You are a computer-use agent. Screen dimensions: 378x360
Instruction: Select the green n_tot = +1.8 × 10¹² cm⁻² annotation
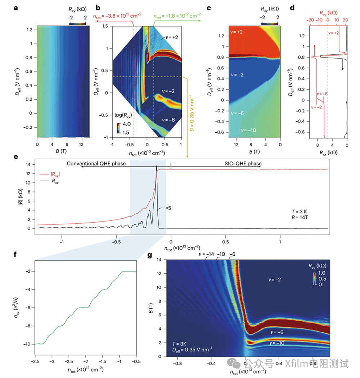tap(177, 15)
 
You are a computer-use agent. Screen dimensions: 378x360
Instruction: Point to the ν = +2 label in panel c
tap(237, 32)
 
